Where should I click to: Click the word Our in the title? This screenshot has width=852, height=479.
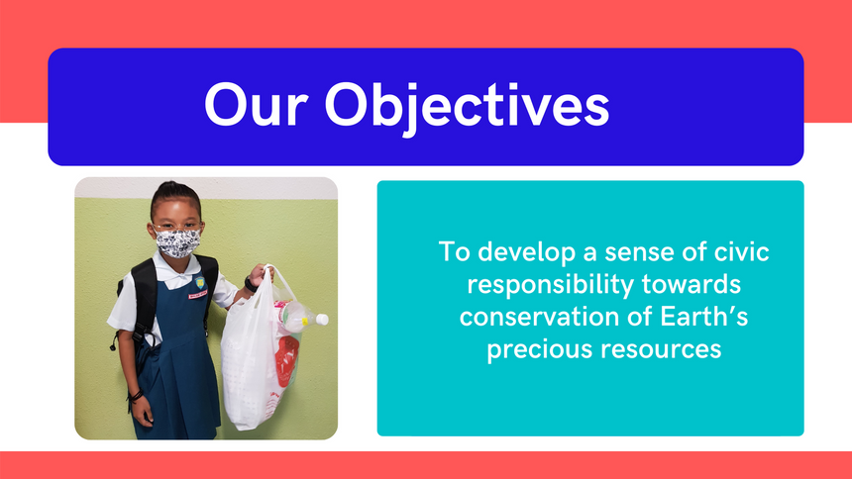[x=256, y=105]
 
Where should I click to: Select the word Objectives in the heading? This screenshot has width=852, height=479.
[x=467, y=108]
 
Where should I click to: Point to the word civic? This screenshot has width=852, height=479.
[x=741, y=251]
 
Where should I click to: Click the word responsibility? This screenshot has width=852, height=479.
[x=551, y=285]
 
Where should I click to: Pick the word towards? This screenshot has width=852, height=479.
[x=692, y=284]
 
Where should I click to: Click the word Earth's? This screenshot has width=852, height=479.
[x=704, y=316]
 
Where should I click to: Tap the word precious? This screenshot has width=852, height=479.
[x=539, y=349]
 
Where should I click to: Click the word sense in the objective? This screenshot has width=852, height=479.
[x=637, y=252]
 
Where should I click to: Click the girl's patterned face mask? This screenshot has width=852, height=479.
[x=177, y=242]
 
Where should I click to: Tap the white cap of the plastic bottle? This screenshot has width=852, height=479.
[x=322, y=320]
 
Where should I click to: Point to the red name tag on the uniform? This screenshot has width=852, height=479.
[x=197, y=295]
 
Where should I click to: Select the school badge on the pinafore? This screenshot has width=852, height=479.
[x=200, y=283]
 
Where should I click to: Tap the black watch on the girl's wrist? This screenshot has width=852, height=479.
[x=250, y=284]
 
